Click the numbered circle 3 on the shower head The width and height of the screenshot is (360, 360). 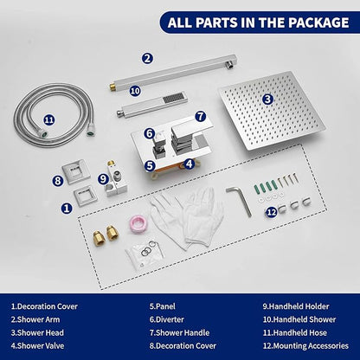coord(267,100)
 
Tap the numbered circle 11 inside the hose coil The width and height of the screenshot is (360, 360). coord(49,119)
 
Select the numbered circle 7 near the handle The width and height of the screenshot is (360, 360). coord(200,117)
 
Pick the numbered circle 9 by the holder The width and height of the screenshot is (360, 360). coord(103,179)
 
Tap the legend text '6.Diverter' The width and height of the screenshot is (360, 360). coord(166,319)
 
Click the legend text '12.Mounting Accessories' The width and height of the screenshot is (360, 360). coord(305,345)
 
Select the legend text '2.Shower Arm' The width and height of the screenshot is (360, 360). coord(35,319)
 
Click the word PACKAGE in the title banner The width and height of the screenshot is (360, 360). coord(318,22)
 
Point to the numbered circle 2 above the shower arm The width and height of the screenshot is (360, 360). coord(147,59)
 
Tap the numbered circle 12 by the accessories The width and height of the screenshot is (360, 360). coord(272,213)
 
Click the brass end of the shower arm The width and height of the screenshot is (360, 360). coord(111,86)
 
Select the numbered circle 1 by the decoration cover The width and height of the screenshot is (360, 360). coord(67,208)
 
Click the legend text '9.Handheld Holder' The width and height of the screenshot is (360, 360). coord(296,306)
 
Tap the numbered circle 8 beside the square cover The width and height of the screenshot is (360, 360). coord(58,181)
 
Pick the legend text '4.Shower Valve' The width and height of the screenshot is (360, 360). coord(37,345)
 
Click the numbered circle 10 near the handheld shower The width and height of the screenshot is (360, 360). coord(135,91)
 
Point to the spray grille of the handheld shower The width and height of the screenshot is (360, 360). coord(173,98)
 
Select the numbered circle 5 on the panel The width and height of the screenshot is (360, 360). coord(150,166)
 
